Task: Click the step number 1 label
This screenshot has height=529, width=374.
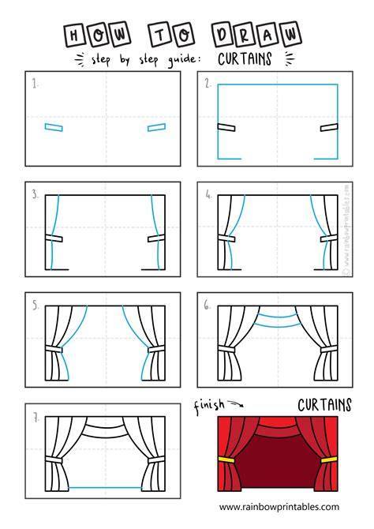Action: click(35, 84)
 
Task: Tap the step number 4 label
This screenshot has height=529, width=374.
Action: click(209, 194)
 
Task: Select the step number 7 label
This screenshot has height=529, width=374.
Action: click(36, 418)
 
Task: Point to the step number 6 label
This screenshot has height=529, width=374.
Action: click(207, 306)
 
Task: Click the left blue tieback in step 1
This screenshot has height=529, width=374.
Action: click(54, 127)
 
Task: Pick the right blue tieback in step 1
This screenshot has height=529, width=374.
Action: click(156, 127)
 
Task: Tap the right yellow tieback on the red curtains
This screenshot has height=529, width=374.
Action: click(329, 460)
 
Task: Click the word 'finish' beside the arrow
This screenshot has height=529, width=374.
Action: click(209, 406)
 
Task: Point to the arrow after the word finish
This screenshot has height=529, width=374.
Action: click(235, 403)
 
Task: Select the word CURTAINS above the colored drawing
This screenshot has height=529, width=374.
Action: click(324, 405)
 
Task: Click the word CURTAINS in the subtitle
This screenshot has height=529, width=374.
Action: click(245, 58)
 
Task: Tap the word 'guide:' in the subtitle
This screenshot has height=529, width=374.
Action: click(185, 60)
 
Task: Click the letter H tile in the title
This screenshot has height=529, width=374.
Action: click(74, 36)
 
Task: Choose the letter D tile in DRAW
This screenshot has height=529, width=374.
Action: click(223, 35)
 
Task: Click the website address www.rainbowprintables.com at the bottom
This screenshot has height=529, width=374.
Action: click(279, 507)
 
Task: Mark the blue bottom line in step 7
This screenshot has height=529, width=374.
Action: click(105, 487)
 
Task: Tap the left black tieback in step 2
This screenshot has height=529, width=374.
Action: click(226, 127)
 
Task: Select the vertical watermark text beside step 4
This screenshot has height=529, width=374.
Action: click(347, 230)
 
